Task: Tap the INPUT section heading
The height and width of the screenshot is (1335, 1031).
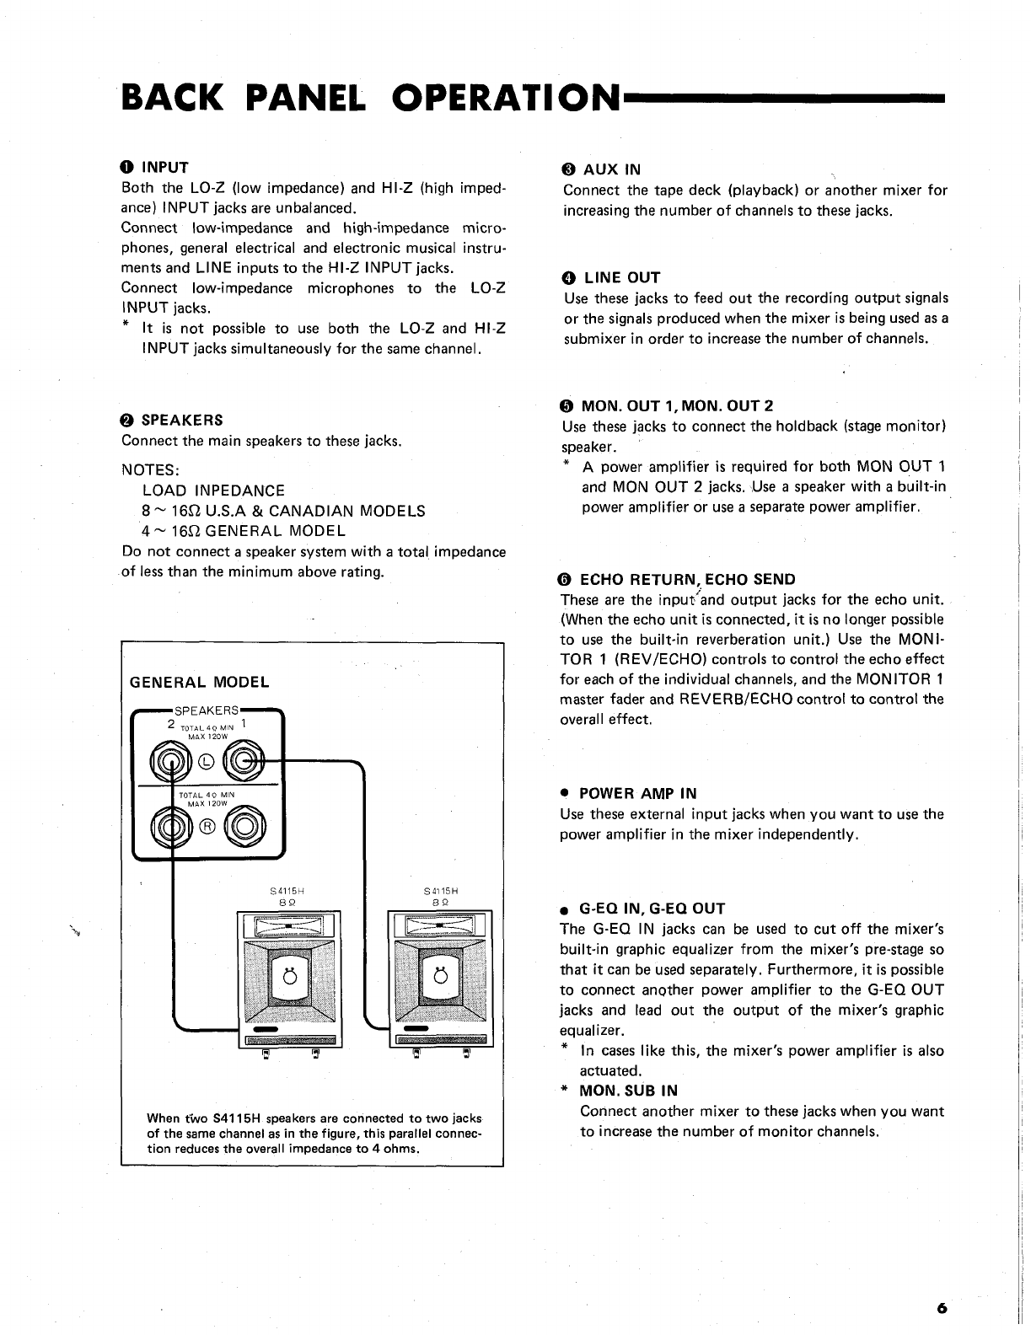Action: tap(164, 167)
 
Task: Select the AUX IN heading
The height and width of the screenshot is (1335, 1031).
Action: tap(611, 169)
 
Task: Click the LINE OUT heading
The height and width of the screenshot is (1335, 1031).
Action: tap(622, 277)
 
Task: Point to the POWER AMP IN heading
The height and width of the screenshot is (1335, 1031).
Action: tap(638, 793)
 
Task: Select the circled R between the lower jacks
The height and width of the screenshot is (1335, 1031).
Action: tap(207, 825)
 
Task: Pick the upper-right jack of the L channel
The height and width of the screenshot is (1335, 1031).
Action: tap(244, 764)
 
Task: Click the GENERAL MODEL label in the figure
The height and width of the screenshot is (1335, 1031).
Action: tap(200, 682)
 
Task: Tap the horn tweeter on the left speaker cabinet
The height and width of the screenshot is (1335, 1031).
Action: tap(288, 926)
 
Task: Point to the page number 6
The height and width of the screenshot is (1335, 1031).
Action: tap(941, 1308)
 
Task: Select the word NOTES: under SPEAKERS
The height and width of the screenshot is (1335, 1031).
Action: tap(151, 469)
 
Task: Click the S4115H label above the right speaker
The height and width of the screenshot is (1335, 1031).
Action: tap(439, 889)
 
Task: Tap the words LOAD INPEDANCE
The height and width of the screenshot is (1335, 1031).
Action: tap(214, 490)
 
